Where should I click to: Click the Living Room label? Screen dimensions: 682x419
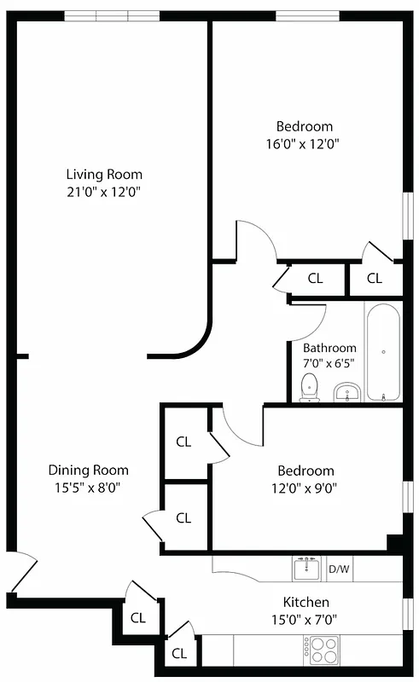[105, 175]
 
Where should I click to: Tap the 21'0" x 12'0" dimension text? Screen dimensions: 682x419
[105, 193]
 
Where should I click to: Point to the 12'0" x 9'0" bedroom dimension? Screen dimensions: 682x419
[306, 488]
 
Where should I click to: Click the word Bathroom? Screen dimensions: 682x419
[329, 348]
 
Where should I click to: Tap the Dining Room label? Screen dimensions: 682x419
[88, 470]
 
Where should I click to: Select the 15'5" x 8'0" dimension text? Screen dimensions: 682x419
[88, 488]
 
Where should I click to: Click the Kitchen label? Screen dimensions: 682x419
[306, 603]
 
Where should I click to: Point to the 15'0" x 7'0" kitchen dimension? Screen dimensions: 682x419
[306, 621]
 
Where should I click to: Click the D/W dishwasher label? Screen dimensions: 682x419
[339, 568]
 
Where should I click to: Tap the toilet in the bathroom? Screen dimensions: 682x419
[310, 388]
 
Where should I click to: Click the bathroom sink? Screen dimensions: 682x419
[346, 393]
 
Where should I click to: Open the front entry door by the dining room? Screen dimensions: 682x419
[24, 573]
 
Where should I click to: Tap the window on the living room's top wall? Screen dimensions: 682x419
[110, 16]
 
